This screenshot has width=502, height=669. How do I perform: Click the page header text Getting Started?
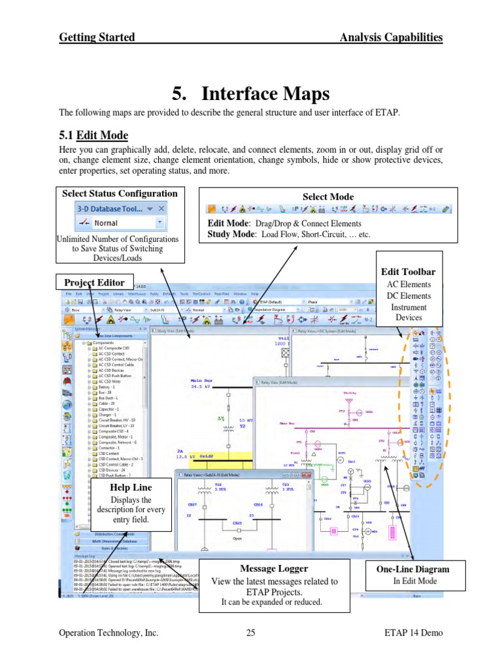click(97, 37)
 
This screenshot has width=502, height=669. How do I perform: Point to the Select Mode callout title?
click(328, 197)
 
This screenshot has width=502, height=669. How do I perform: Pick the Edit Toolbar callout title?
click(409, 271)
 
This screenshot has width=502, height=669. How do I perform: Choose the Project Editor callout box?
click(94, 282)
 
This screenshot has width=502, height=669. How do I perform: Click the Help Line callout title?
click(131, 487)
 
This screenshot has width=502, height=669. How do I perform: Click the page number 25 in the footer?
click(251, 632)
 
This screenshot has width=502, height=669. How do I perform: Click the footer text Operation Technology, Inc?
click(109, 632)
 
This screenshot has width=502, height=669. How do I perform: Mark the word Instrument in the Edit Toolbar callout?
click(409, 306)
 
